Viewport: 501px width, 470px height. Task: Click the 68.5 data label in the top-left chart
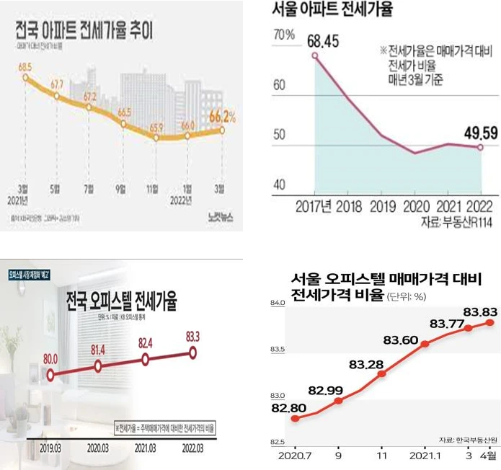point(25,67)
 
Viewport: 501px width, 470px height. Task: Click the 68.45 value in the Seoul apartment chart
point(323,39)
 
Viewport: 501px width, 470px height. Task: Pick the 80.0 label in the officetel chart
point(51,358)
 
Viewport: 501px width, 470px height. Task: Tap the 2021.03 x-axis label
point(146,447)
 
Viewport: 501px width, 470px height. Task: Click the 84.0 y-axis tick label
point(278,303)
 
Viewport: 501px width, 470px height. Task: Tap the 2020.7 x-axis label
point(291,456)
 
